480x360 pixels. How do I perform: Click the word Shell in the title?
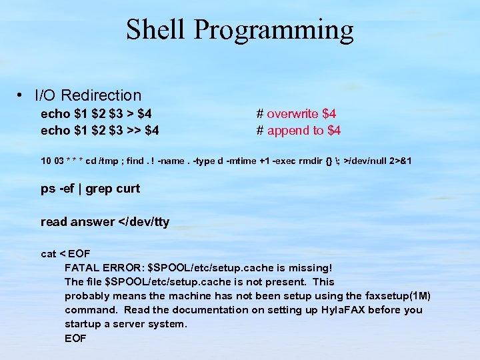(155, 30)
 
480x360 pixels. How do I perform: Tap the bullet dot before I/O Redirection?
(23, 95)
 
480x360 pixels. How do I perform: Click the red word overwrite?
(293, 113)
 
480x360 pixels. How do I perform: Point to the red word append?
(286, 130)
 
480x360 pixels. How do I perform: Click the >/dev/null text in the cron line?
(364, 161)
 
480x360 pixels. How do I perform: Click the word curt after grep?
(128, 189)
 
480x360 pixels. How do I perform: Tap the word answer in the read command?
(93, 222)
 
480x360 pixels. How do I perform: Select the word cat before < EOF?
(48, 253)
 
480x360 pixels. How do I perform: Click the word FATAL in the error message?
(81, 267)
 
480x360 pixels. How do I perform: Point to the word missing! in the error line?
(309, 267)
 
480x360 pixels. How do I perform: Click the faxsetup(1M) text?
(398, 295)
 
